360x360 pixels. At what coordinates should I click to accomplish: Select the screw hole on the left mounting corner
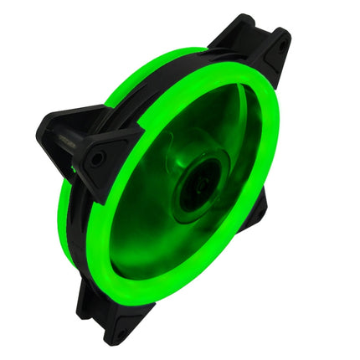[x=98, y=158]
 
